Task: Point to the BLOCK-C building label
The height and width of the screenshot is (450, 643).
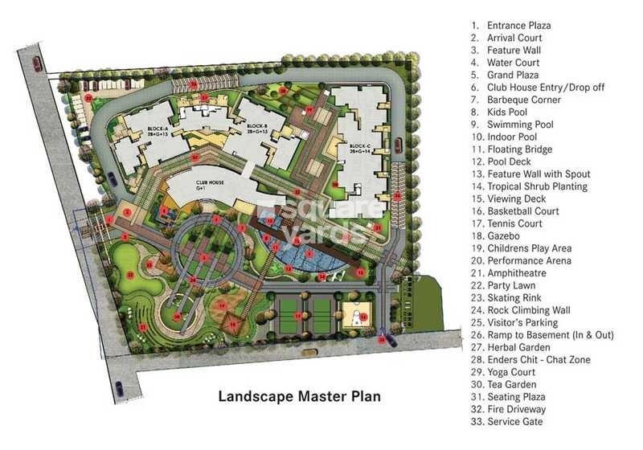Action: click(358, 146)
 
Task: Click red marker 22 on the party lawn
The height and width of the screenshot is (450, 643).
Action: click(129, 274)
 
